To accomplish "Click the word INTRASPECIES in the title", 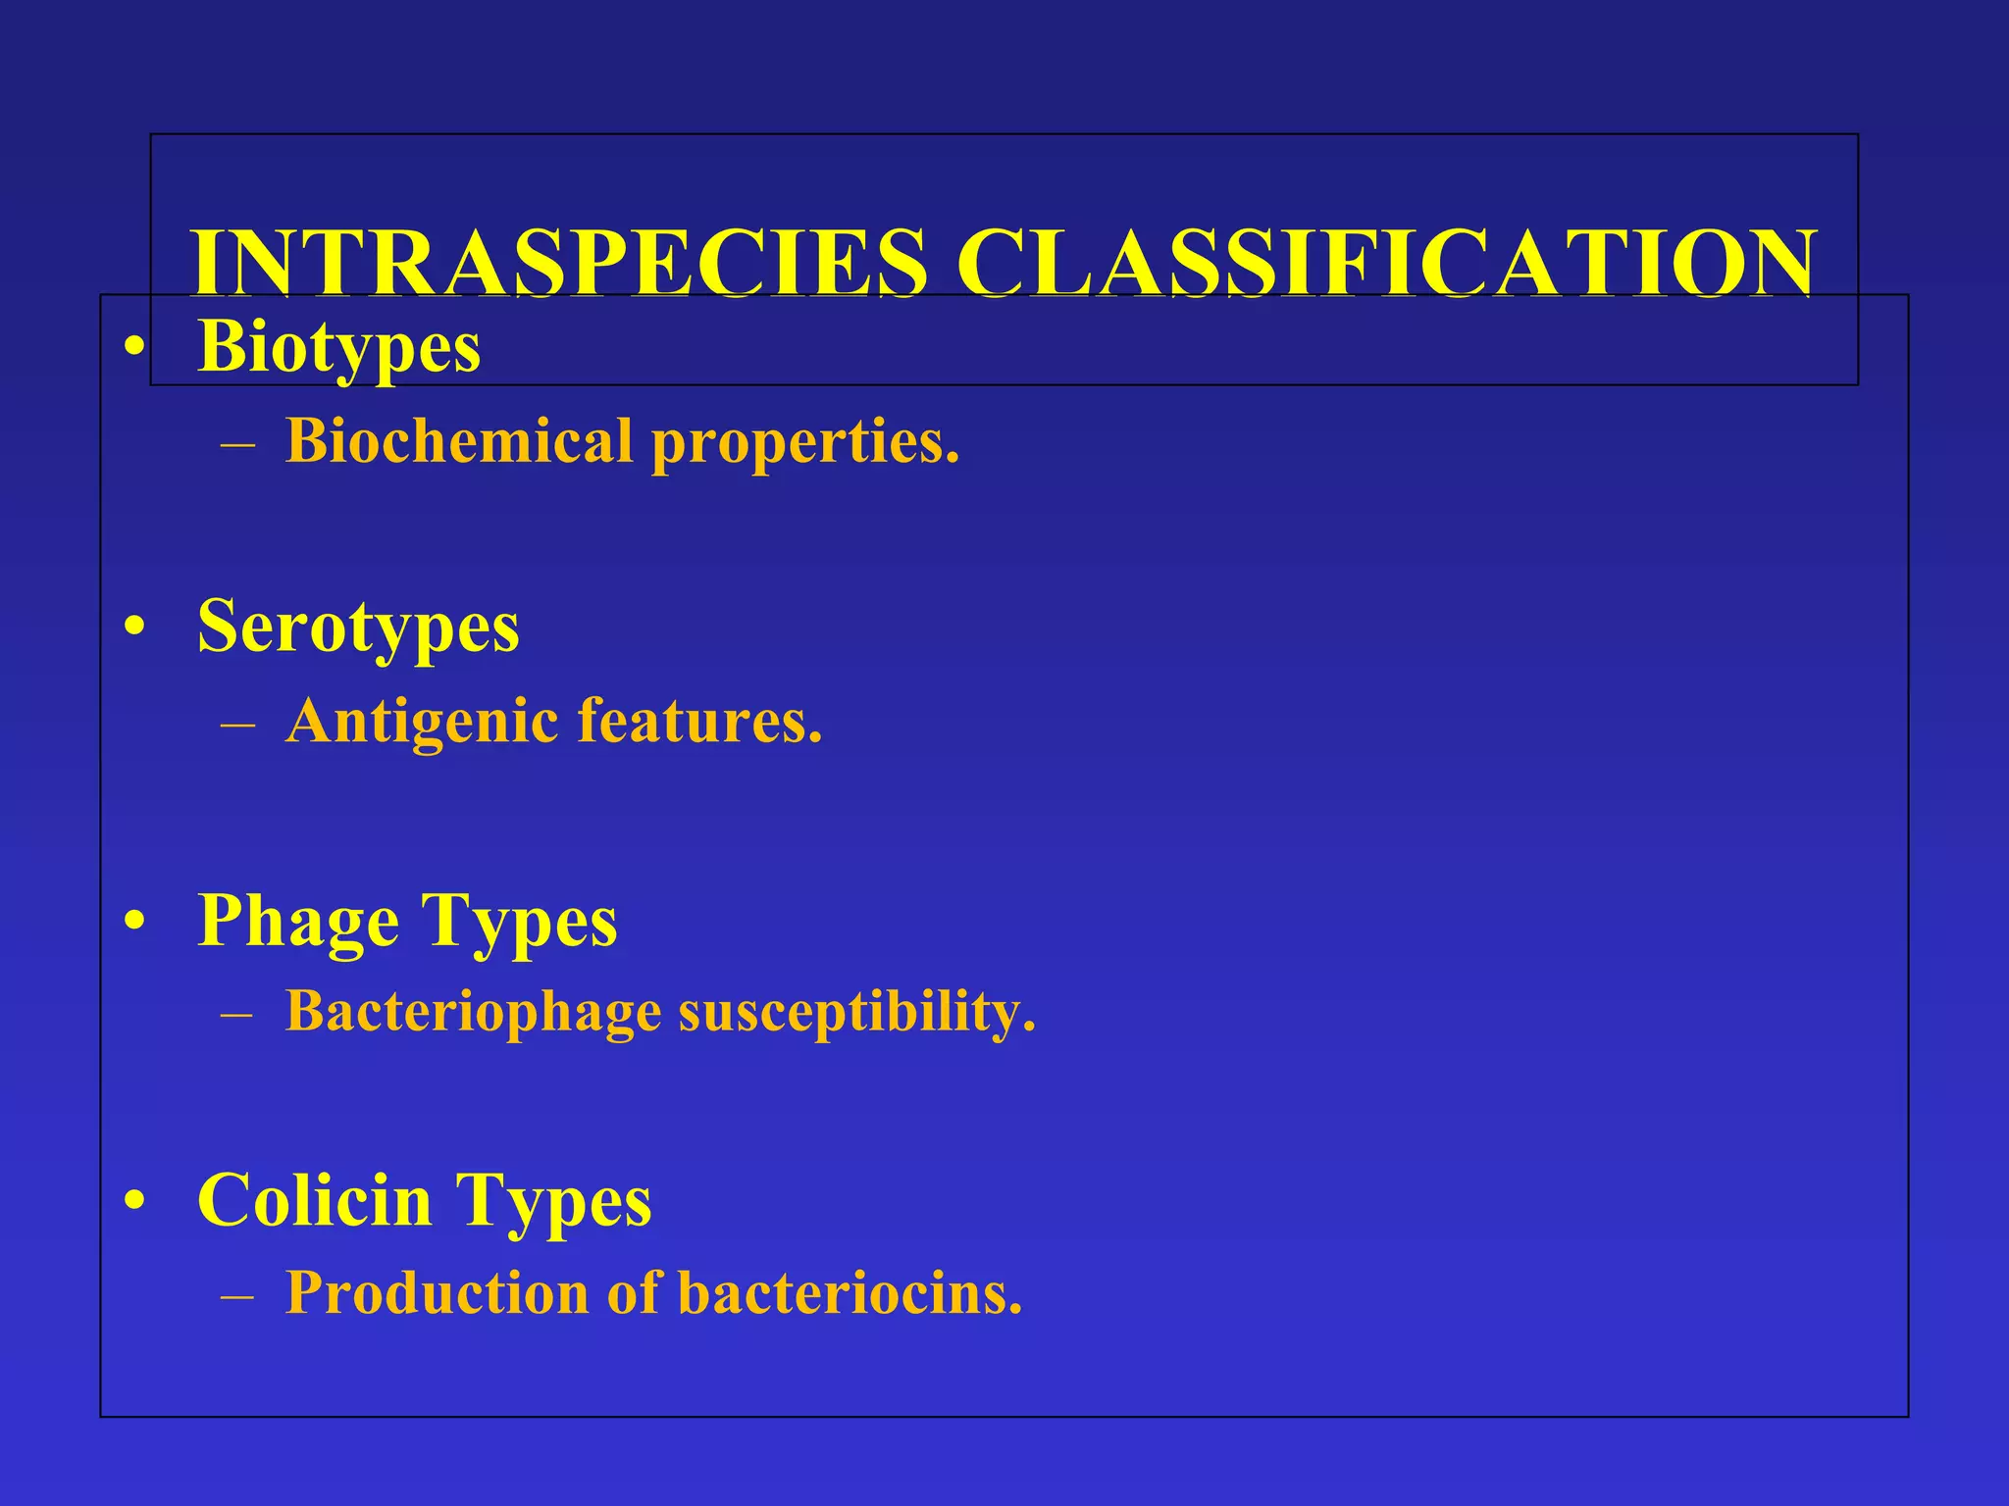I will tap(558, 262).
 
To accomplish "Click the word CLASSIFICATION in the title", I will tap(1386, 262).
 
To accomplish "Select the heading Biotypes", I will tap(338, 347).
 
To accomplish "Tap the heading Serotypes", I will tap(358, 627).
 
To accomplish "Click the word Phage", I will tap(298, 922).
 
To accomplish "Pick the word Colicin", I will tap(314, 1200).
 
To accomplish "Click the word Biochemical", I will tap(458, 441).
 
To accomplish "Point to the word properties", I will tap(804, 443).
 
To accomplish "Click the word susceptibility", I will tap(856, 1011).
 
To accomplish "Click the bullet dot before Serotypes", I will tap(135, 627).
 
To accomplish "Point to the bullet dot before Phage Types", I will tap(135, 922).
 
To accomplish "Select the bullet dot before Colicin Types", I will tap(135, 1201).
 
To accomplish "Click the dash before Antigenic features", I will tap(238, 726).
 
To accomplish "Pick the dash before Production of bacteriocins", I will tap(238, 1296).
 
